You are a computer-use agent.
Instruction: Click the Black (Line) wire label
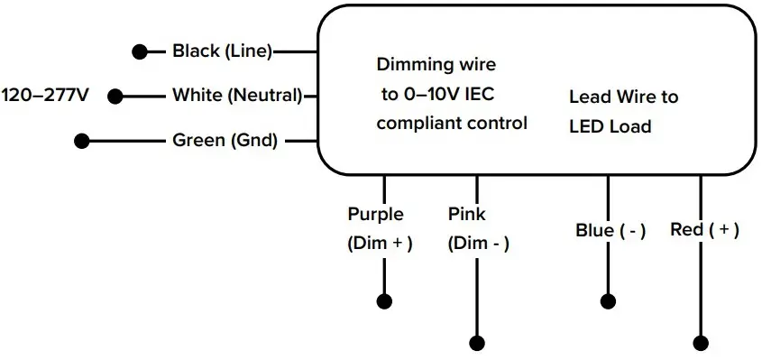[x=222, y=51]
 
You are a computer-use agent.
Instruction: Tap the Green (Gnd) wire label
[x=225, y=141]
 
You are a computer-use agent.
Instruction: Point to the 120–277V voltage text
[x=45, y=95]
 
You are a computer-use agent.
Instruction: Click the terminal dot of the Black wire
[x=140, y=51]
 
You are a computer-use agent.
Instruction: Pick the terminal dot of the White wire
[x=115, y=95]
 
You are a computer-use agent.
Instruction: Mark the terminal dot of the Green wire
[x=82, y=141]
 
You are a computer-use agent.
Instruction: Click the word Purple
[x=375, y=215]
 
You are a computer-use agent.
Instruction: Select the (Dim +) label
[x=380, y=243]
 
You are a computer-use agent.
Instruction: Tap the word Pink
[x=466, y=215]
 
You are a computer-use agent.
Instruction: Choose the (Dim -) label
[x=479, y=243]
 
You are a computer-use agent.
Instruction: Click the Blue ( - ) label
[x=611, y=231]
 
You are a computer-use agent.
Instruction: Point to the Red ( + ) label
[x=704, y=230]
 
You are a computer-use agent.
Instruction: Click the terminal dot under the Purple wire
[x=384, y=300]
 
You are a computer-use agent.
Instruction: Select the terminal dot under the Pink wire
[x=477, y=343]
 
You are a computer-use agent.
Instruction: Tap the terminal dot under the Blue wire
[x=608, y=300]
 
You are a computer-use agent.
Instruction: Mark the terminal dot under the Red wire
[x=701, y=343]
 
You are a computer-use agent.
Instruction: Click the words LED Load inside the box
[x=610, y=127]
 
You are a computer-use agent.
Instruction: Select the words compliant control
[x=451, y=123]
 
